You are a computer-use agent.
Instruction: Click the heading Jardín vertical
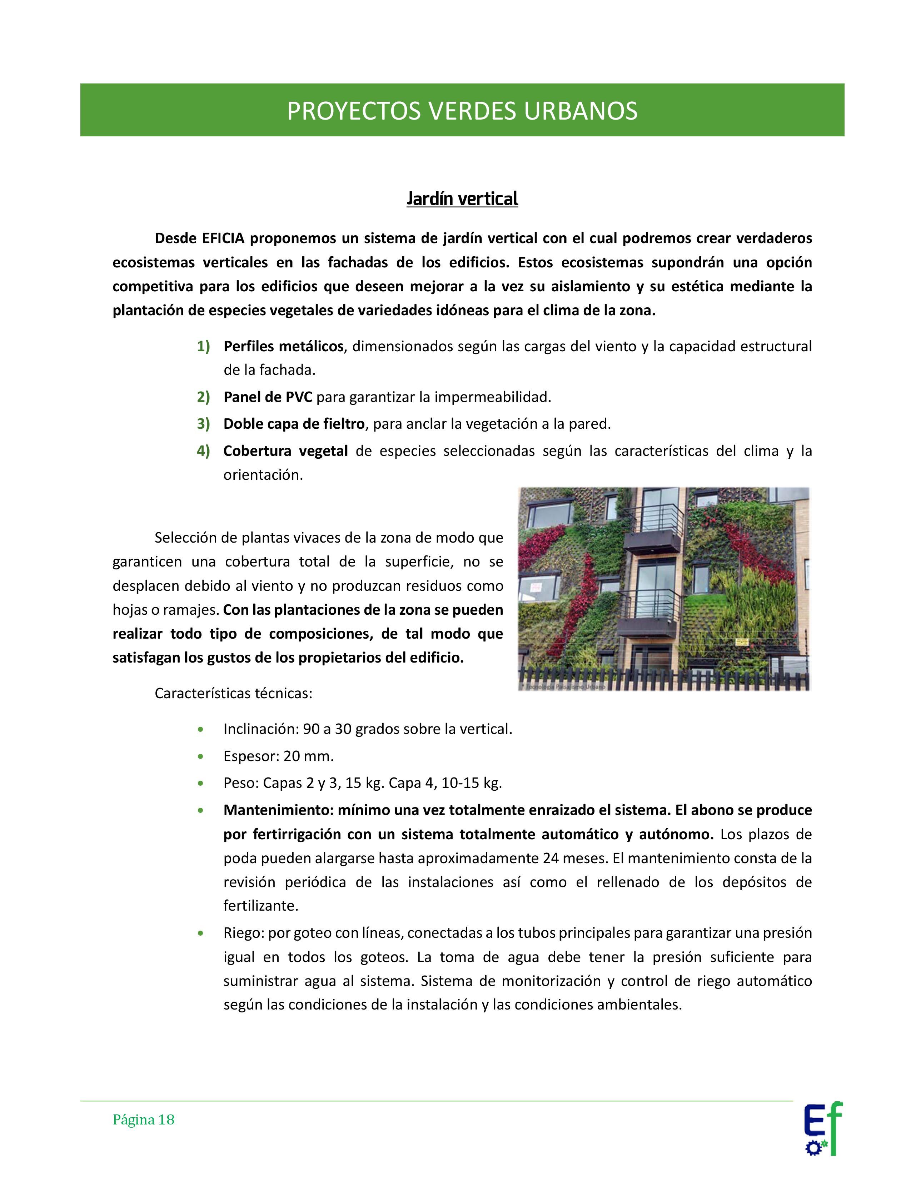(x=462, y=199)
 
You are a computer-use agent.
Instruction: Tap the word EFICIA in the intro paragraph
(x=223, y=238)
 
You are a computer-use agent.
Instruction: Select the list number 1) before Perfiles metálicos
(x=203, y=346)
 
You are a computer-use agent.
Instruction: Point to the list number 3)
(x=203, y=424)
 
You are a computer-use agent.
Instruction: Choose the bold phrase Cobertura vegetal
(x=285, y=451)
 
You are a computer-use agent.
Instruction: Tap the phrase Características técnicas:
(x=233, y=693)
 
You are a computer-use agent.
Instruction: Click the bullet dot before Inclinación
(x=201, y=730)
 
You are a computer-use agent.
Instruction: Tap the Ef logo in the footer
(x=822, y=1127)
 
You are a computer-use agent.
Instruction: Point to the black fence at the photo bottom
(x=663, y=679)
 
